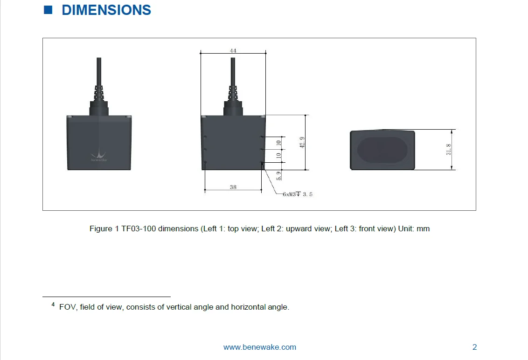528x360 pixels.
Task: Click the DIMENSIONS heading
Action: pyautogui.click(x=106, y=10)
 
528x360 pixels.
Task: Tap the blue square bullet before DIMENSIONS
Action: pyautogui.click(x=48, y=10)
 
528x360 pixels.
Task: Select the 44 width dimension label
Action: pyautogui.click(x=233, y=50)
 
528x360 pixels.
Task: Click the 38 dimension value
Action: pyautogui.click(x=233, y=187)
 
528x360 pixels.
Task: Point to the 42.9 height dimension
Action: pyautogui.click(x=302, y=142)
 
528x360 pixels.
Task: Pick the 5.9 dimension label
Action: pyautogui.click(x=279, y=175)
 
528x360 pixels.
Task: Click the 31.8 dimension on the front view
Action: pyautogui.click(x=449, y=150)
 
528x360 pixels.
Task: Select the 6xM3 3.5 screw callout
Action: pyautogui.click(x=297, y=194)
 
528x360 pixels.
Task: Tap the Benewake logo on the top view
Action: pyautogui.click(x=99, y=155)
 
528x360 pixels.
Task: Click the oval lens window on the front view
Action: pyautogui.click(x=382, y=150)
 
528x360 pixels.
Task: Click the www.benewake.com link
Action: pyautogui.click(x=260, y=347)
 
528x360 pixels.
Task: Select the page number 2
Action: pyautogui.click(x=475, y=347)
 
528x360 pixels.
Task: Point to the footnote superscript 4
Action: pyautogui.click(x=53, y=305)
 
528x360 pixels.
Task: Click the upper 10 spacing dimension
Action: pyautogui.click(x=279, y=143)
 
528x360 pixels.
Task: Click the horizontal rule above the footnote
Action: pyautogui.click(x=106, y=296)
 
